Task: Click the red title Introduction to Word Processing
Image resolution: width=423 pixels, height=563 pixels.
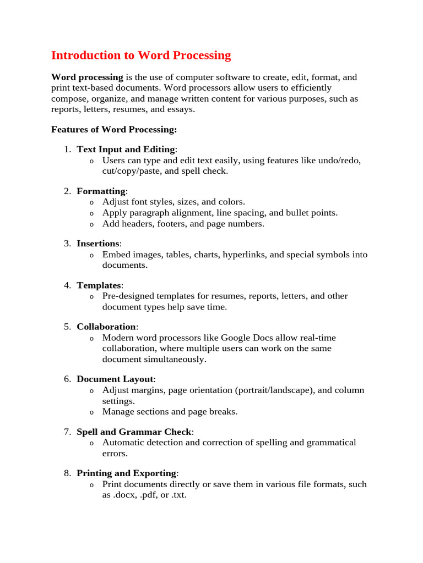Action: tap(141, 56)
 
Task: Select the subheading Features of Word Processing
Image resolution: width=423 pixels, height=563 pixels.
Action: tap(114, 130)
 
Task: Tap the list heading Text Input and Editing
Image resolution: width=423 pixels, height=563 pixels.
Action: tap(126, 150)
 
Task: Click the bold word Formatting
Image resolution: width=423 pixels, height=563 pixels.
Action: tap(101, 191)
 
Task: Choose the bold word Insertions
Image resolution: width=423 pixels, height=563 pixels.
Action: tap(98, 244)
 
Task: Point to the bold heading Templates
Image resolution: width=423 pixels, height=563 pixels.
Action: tap(99, 285)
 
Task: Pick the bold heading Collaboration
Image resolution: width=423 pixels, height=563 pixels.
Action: tap(106, 327)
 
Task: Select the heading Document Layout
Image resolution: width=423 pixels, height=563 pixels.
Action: tap(115, 379)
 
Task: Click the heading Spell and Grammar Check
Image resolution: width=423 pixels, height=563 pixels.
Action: tap(134, 432)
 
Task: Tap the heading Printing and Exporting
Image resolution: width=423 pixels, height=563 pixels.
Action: tap(126, 473)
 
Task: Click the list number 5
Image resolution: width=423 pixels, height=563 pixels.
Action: tap(67, 327)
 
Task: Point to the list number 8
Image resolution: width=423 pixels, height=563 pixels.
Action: tap(67, 473)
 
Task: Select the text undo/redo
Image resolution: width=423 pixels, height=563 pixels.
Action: tap(341, 161)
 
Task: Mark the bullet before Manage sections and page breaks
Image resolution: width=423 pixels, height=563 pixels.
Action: tap(91, 412)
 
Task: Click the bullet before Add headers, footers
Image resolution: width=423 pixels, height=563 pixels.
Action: tap(91, 224)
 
